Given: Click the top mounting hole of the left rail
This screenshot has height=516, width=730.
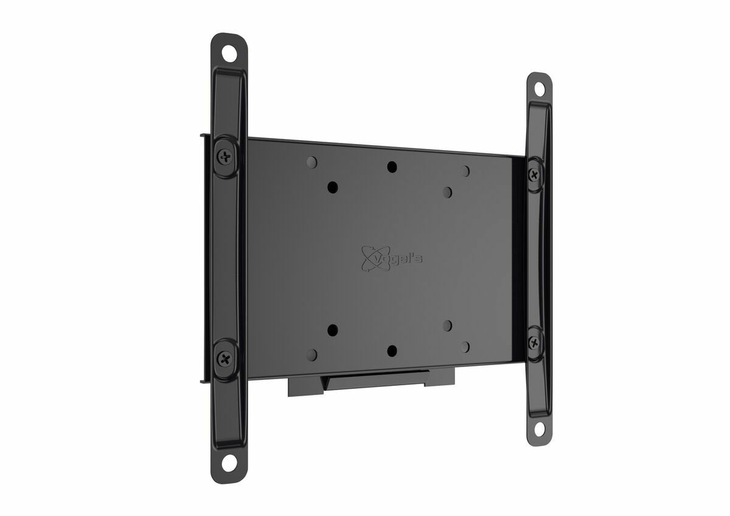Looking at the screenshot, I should coord(229,53).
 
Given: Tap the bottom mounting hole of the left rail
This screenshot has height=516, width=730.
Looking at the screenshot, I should coord(229,463).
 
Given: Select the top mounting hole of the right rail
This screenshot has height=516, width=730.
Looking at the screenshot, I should coord(539,89).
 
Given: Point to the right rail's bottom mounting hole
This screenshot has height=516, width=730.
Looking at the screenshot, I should coord(539,428).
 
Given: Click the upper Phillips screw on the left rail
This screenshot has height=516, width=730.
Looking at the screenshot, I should coord(225,157).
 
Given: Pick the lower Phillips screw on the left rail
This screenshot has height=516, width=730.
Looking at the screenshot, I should coord(225,358).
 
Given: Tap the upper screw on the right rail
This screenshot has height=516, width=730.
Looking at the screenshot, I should coord(535,175).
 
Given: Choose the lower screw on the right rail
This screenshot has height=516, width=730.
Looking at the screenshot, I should coord(534,342).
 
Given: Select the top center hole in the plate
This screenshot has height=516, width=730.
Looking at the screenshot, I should coord(392,167).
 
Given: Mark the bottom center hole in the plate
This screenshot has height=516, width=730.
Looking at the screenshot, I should coord(392,351).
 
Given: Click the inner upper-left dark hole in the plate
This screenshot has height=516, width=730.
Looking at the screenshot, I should coord(332,187).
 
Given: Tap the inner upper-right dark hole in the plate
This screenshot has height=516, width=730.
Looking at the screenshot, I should coord(448,192).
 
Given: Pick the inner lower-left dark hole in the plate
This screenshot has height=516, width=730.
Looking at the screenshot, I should coord(332,330).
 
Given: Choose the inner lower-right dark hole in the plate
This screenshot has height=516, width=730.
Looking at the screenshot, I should coord(448,325).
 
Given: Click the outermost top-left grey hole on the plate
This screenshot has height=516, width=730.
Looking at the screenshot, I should coord(311,162).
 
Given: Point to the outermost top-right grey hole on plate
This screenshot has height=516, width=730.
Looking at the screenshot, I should coord(465,171).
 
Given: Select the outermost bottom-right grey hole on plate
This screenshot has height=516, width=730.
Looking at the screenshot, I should coord(465,346).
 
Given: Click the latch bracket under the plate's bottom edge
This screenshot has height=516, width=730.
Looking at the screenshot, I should coord(372,383).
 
